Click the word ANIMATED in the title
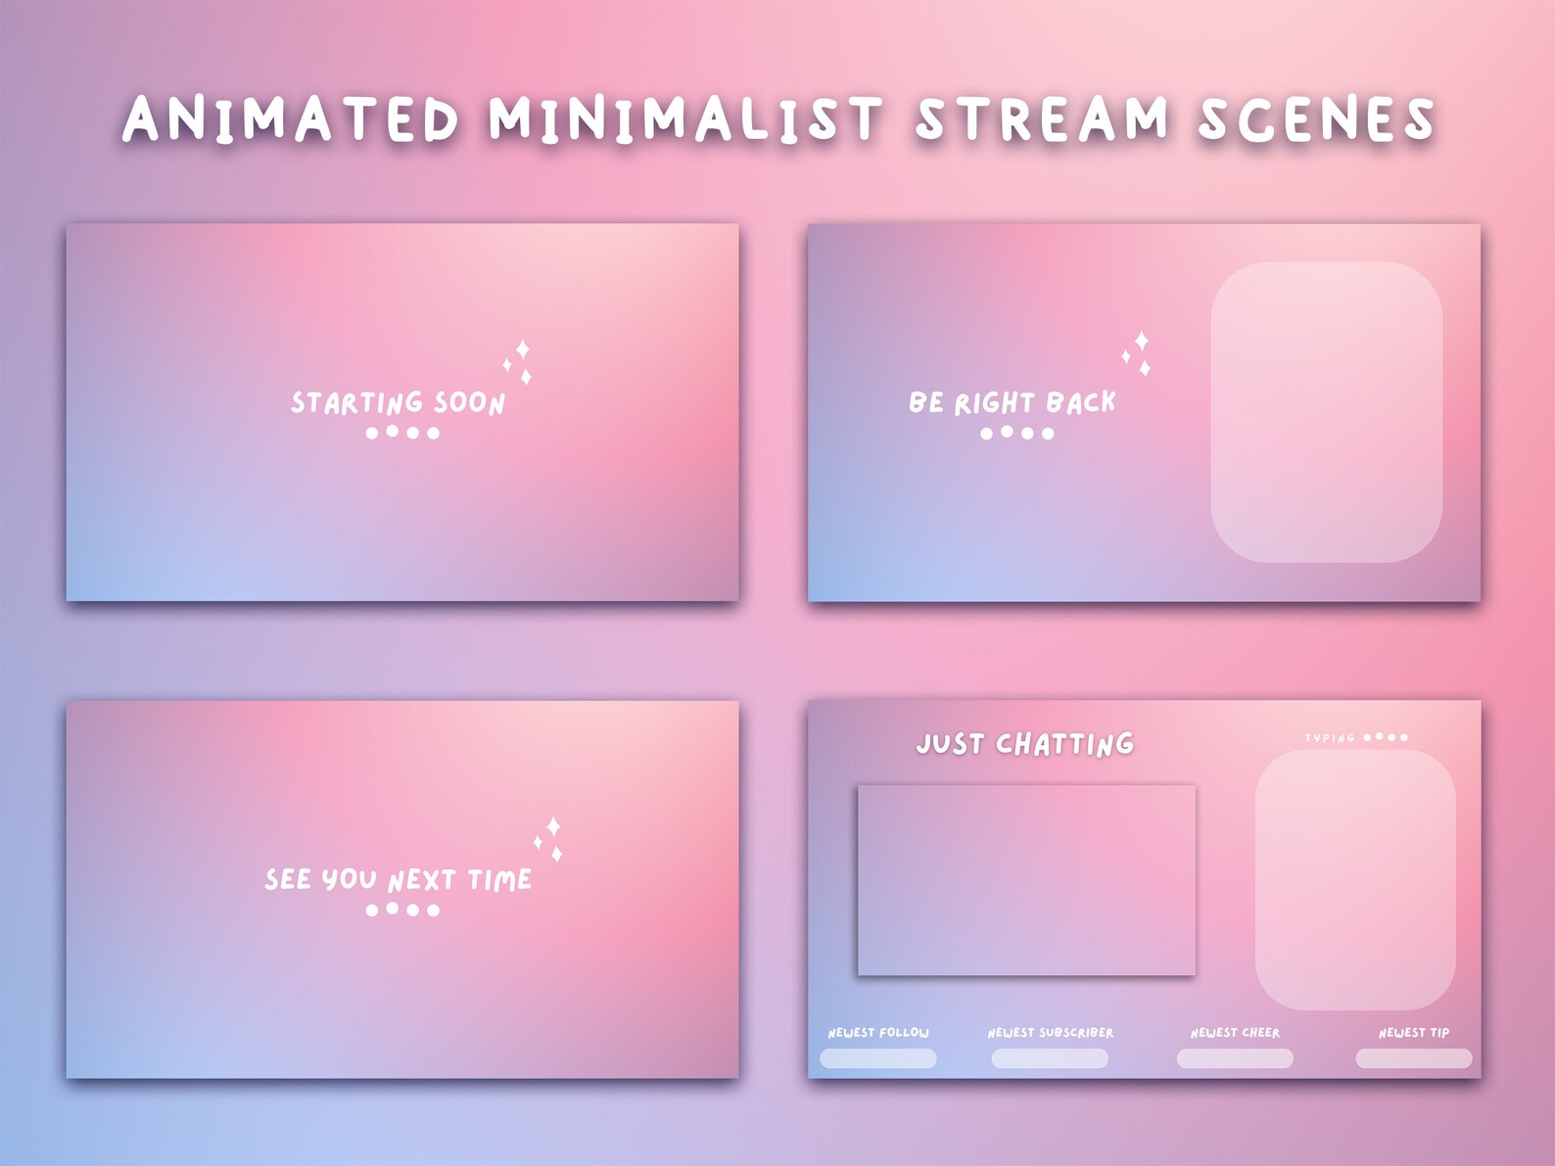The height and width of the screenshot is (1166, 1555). point(291,119)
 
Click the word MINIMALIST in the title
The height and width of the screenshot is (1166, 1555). point(685,119)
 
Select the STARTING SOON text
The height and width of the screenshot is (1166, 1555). point(398,402)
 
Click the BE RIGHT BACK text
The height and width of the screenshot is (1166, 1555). point(1012,402)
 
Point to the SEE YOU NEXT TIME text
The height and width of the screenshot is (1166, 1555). point(398,879)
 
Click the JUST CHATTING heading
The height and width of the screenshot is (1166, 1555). point(1024,744)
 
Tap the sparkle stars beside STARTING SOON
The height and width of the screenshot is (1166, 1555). point(519,362)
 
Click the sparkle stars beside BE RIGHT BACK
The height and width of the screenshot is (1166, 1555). point(1137,353)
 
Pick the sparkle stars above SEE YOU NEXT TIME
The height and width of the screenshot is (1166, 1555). point(549,839)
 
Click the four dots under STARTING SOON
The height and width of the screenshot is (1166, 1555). point(402,432)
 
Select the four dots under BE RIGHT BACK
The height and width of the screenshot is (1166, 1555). point(1017,433)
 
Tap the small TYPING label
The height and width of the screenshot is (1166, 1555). point(1329,737)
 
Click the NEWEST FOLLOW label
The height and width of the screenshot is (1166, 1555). point(878,1033)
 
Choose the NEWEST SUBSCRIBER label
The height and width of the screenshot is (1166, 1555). point(1050,1033)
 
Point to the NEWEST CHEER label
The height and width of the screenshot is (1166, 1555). point(1235,1033)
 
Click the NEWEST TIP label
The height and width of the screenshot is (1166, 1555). point(1413,1033)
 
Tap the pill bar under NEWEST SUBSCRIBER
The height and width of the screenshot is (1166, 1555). point(1050,1058)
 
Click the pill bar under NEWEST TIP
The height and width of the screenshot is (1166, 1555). point(1413,1058)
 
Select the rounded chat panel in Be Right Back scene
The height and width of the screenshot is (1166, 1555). point(1326,412)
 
